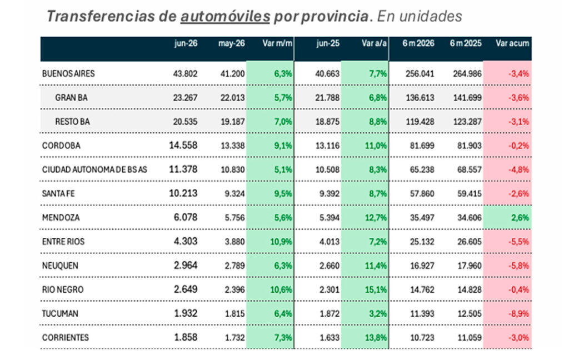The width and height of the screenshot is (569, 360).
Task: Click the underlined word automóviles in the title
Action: pyautogui.click(x=225, y=17)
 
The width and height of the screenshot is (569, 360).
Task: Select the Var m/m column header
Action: pyautogui.click(x=277, y=43)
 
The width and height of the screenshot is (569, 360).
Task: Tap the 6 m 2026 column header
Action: pyautogui.click(x=418, y=43)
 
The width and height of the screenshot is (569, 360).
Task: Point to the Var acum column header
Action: pyautogui.click(x=512, y=43)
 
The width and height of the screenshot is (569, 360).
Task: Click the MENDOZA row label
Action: pyautogui.click(x=61, y=218)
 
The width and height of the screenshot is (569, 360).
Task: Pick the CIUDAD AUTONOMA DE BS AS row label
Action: pyautogui.click(x=94, y=169)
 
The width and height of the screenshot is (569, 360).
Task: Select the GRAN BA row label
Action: pyautogui.click(x=71, y=98)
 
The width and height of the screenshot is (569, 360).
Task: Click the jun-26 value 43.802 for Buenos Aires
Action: pyautogui.click(x=185, y=74)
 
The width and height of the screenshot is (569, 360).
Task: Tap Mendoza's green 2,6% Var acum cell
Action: pyautogui.click(x=520, y=218)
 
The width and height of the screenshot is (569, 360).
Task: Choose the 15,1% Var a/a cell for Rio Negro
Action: pyautogui.click(x=376, y=289)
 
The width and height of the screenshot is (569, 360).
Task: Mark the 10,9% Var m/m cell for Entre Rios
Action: pyautogui.click(x=281, y=242)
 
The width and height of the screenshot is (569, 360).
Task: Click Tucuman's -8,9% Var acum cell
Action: pyautogui.click(x=518, y=313)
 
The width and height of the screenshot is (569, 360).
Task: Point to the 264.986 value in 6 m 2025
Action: pyautogui.click(x=467, y=74)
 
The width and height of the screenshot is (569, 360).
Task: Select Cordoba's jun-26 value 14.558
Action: pyautogui.click(x=183, y=146)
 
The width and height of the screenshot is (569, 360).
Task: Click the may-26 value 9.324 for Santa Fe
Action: pyautogui.click(x=234, y=194)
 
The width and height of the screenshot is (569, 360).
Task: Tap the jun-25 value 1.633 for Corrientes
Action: pyautogui.click(x=330, y=338)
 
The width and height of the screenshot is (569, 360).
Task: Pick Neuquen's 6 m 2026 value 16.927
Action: pyautogui.click(x=422, y=266)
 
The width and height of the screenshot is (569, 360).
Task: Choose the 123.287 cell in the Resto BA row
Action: pyautogui.click(x=467, y=122)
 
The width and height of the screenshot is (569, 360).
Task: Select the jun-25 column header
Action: pyautogui.click(x=328, y=43)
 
